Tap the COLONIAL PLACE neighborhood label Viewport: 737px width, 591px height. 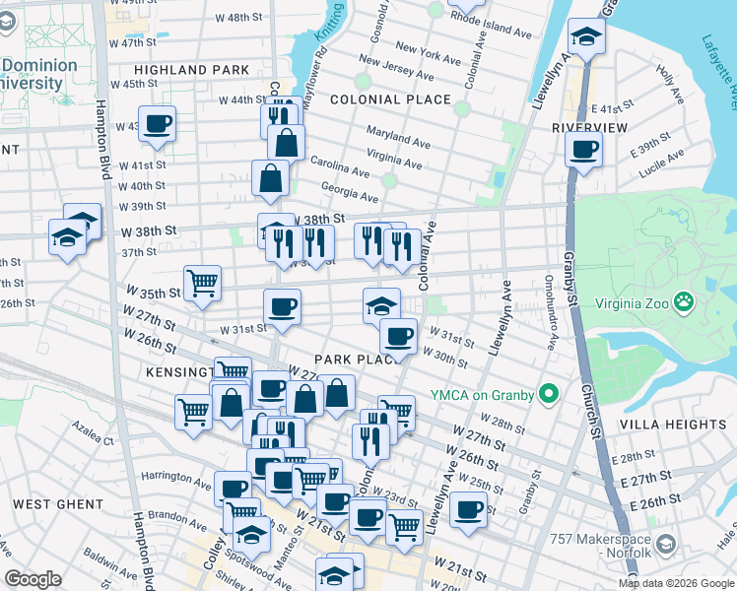coord(390,99)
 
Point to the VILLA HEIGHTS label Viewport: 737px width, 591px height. coord(673,425)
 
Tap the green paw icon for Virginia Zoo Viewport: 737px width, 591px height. coord(685,302)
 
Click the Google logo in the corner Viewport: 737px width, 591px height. coord(33,579)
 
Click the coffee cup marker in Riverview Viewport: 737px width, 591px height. coord(583,151)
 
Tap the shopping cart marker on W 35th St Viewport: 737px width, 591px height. coord(202,284)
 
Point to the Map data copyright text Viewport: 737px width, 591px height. coord(675,582)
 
